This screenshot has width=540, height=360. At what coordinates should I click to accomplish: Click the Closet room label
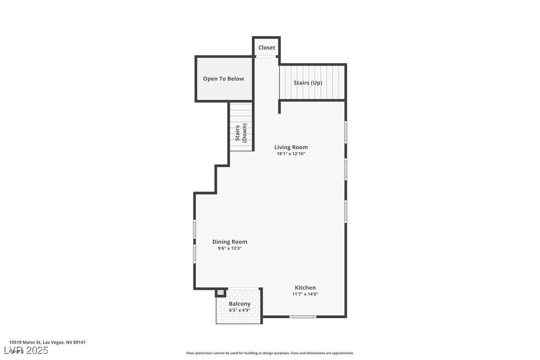click(267, 48)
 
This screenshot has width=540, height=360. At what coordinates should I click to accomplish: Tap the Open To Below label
click(223, 79)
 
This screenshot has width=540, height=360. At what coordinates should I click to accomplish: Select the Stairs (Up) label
click(308, 83)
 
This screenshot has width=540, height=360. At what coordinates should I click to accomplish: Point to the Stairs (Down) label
click(241, 133)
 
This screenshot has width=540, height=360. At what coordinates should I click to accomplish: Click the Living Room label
click(291, 147)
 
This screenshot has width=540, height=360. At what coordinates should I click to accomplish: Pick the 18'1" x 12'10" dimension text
click(291, 154)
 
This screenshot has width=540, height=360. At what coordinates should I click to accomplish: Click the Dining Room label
click(230, 242)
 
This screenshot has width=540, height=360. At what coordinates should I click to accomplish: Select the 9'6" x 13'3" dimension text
click(230, 249)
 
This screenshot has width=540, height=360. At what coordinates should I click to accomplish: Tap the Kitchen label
click(305, 288)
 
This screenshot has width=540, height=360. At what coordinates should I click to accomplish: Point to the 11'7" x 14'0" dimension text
click(305, 294)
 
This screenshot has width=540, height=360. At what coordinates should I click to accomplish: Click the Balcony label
click(240, 304)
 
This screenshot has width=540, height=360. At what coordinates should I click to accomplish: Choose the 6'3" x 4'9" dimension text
click(239, 310)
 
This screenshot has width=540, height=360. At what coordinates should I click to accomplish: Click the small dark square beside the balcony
click(221, 293)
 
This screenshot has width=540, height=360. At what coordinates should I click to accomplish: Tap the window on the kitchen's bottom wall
click(303, 316)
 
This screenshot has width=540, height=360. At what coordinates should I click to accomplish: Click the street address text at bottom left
click(47, 342)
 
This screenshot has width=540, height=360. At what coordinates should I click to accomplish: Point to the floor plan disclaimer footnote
click(270, 353)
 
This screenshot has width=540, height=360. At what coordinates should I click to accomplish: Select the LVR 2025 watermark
click(28, 351)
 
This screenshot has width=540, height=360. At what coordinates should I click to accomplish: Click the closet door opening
click(267, 57)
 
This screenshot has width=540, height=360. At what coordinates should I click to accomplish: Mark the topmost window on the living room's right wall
click(346, 132)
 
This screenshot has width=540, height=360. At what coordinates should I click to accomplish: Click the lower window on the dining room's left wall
click(194, 253)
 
